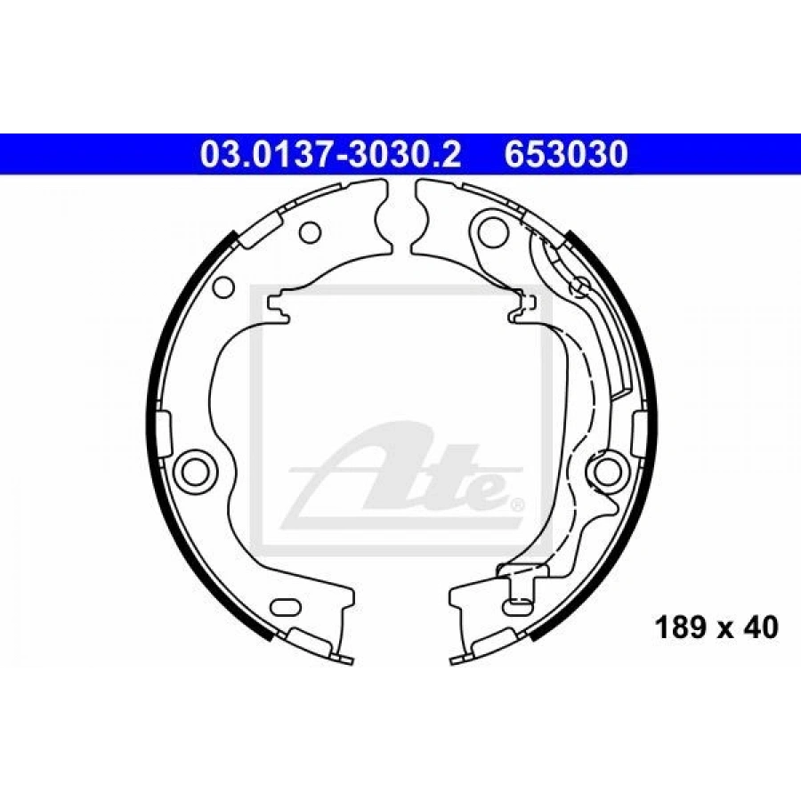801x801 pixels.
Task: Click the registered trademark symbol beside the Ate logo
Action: [517, 505]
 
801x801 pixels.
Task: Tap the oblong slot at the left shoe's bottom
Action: [286, 609]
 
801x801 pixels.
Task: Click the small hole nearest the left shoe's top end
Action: [310, 233]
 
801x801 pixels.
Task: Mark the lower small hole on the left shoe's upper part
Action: [224, 287]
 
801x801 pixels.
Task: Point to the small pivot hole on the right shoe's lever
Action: [579, 286]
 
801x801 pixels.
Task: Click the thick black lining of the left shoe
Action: [156, 427]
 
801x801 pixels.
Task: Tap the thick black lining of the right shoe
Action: [646, 427]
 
